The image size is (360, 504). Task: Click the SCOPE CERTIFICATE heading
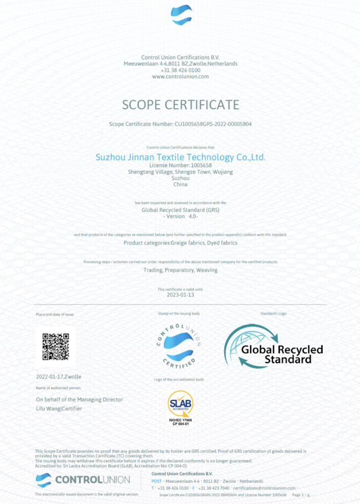pos(180,105)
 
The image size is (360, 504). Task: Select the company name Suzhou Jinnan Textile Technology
pos(180,156)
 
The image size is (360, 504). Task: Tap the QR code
pos(55,347)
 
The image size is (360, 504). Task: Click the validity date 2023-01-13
pos(180,295)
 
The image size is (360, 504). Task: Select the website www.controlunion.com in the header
pos(180,77)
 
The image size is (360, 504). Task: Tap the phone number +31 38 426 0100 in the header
pos(180,70)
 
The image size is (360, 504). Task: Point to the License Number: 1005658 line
pos(180,165)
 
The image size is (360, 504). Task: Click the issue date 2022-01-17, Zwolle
pos(59,377)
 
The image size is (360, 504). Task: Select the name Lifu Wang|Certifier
pos(59,409)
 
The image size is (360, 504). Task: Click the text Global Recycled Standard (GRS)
pos(180,210)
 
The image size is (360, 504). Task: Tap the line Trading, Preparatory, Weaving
pos(180,270)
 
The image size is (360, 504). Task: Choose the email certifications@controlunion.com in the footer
pos(264,488)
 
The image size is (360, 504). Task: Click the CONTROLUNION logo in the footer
pos(83,480)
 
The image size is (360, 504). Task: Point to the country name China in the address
pos(180,184)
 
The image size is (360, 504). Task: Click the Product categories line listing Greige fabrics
pos(180,242)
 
